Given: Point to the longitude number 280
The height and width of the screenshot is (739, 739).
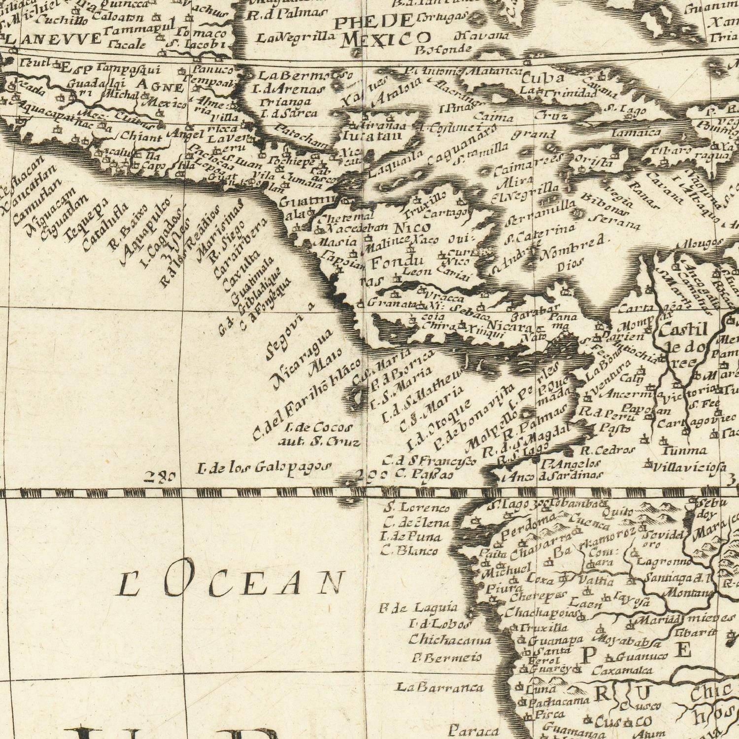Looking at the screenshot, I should (160, 476).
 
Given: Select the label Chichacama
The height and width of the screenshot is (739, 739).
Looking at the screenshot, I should (450, 640).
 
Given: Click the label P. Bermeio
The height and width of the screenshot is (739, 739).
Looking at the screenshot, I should (446, 658).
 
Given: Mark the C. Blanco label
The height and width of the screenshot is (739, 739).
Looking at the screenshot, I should (409, 550).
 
